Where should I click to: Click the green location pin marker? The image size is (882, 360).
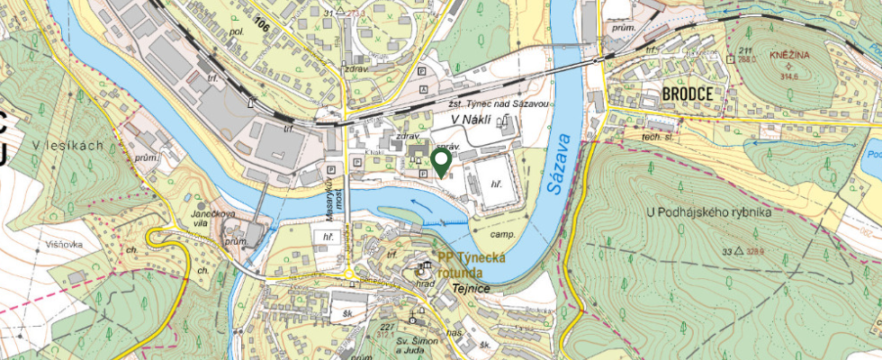tap(441, 161)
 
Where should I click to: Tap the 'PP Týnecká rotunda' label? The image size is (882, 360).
tap(472, 265)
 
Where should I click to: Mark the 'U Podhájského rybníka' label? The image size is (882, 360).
tap(708, 212)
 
